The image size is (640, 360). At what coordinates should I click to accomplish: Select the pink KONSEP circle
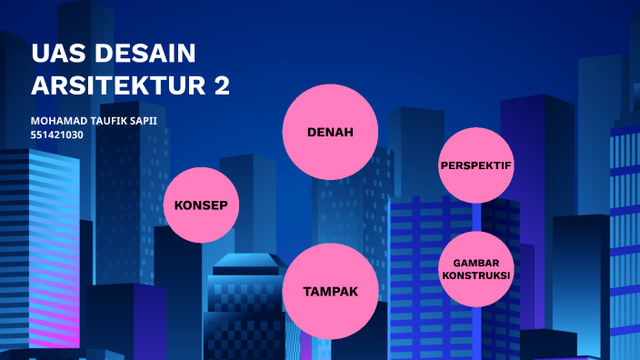tap(201, 205)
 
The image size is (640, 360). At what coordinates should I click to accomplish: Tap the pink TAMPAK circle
tap(330, 291)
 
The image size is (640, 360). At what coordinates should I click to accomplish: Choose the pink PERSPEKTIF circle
tap(476, 165)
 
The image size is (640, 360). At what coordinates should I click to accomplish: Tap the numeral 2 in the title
tap(221, 85)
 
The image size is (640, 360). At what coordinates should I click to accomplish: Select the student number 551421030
tap(57, 135)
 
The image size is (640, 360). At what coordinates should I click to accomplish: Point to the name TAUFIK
tap(115, 121)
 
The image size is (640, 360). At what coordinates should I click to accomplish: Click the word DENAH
tap(330, 133)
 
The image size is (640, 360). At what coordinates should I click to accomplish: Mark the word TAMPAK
tap(330, 292)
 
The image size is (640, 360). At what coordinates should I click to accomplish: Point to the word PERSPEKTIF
tap(476, 166)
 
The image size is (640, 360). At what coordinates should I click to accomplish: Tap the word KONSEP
tap(201, 205)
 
